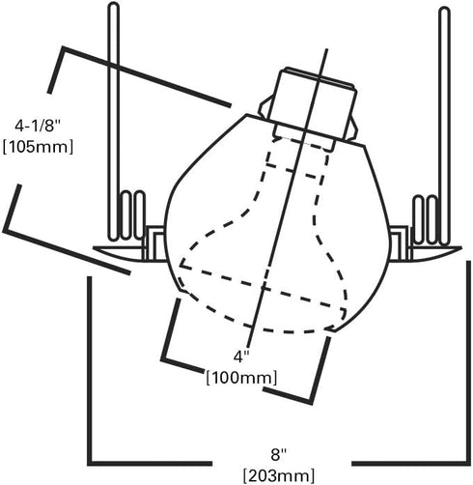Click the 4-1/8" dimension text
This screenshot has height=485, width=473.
click(38, 126)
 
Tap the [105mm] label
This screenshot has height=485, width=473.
click(38, 147)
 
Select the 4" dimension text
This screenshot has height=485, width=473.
click(241, 357)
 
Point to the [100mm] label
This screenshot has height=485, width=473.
click(241, 377)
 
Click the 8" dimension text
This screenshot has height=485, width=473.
click(278, 455)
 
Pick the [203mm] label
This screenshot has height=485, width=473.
click(279, 475)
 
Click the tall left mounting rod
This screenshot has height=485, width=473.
click(114, 122)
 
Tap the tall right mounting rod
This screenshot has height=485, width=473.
click(444, 127)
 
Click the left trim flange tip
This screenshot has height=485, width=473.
click(94, 248)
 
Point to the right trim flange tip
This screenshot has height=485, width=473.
click(460, 248)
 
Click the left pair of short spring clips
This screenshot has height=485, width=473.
click(133, 215)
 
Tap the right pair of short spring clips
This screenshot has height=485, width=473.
click(425, 219)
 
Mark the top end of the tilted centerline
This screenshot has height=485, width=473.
click(326, 49)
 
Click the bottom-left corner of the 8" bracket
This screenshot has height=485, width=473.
click(90, 464)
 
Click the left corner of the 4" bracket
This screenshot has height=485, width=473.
click(163, 357)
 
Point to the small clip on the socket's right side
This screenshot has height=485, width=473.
click(352, 129)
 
